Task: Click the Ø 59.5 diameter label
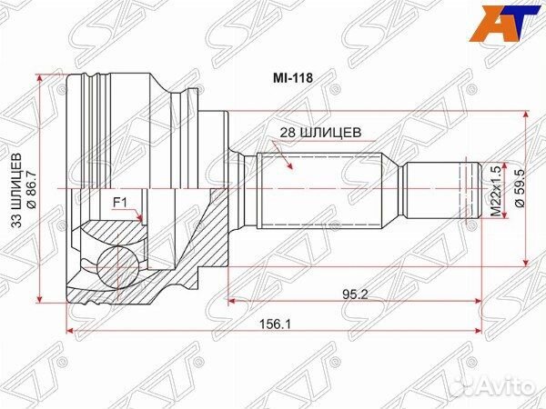tap(519, 189)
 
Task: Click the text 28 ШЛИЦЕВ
tap(321, 132)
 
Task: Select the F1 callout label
tap(119, 203)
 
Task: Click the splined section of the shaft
tap(318, 189)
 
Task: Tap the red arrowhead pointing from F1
tap(139, 218)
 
